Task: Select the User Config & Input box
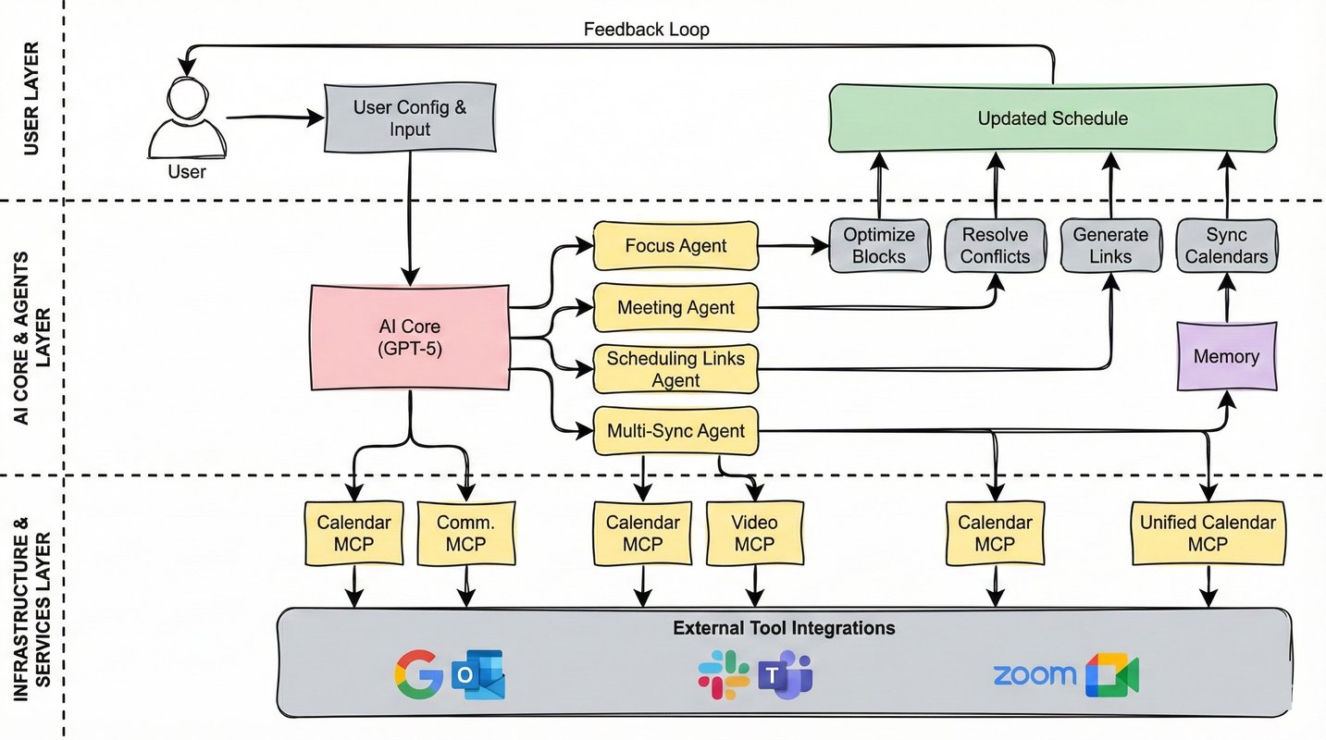pyautogui.click(x=410, y=117)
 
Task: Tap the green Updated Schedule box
pyautogui.click(x=1052, y=118)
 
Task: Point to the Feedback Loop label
pyautogui.click(x=646, y=30)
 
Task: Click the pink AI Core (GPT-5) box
pyautogui.click(x=409, y=338)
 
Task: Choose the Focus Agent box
pyautogui.click(x=675, y=246)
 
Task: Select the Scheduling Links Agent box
pyautogui.click(x=675, y=368)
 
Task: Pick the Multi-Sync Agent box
pyautogui.click(x=675, y=431)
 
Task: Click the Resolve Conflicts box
pyautogui.click(x=995, y=246)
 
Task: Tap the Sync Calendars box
pyautogui.click(x=1226, y=246)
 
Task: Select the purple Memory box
pyautogui.click(x=1226, y=356)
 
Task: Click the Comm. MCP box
pyautogui.click(x=465, y=534)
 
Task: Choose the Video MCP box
pyautogui.click(x=754, y=534)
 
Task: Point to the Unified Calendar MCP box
pyautogui.click(x=1208, y=534)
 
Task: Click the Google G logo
pyautogui.click(x=419, y=673)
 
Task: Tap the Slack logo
pyautogui.click(x=724, y=673)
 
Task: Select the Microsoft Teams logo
pyautogui.click(x=785, y=675)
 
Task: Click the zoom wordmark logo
pyautogui.click(x=1034, y=674)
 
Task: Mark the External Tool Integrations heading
pyautogui.click(x=784, y=628)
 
